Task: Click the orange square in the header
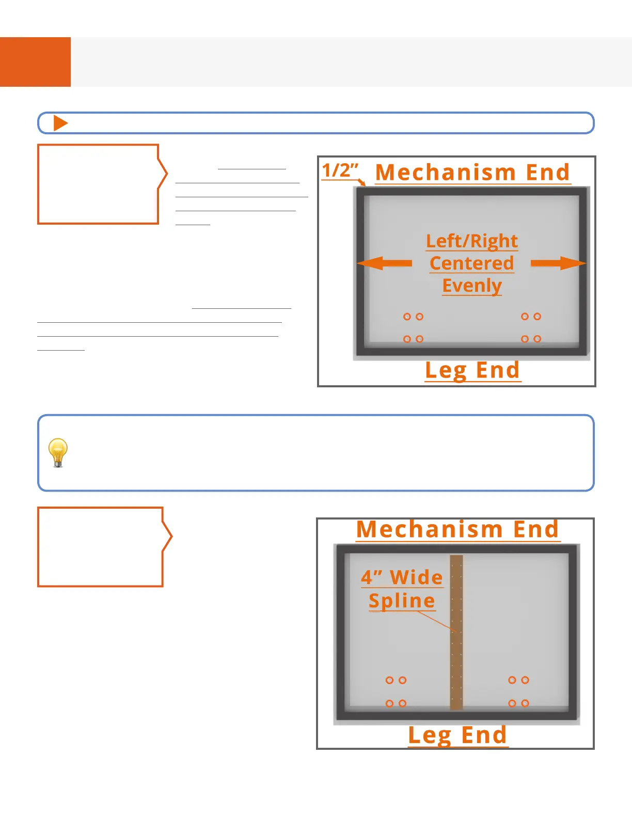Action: point(35,61)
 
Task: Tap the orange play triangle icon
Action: point(60,123)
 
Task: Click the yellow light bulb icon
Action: point(58,452)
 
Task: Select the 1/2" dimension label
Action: point(340,170)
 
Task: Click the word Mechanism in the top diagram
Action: point(446,172)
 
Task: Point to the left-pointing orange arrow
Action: point(384,263)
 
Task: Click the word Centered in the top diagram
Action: point(472,263)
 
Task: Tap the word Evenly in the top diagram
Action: point(472,286)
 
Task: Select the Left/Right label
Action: point(472,241)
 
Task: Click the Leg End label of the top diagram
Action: point(472,370)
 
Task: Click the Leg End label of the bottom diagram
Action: point(457,735)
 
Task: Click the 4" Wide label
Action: point(402,577)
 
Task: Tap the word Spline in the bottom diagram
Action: point(402,601)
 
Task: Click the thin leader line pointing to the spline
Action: point(436,621)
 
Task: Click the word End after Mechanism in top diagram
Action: point(548,172)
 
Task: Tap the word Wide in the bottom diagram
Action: point(416,577)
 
